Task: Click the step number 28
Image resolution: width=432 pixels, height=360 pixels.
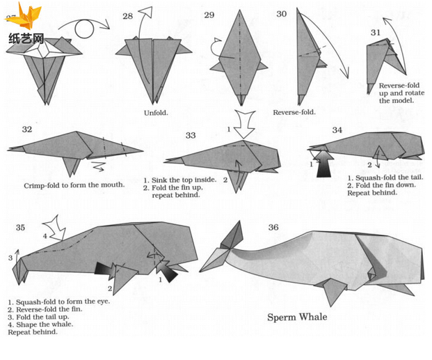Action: [x=128, y=16]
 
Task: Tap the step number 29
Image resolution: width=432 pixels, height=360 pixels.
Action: [x=209, y=15]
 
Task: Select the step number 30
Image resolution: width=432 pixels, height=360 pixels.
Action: [x=282, y=14]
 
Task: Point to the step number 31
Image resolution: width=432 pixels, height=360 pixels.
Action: [x=375, y=33]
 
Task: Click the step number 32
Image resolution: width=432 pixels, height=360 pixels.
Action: [x=27, y=129]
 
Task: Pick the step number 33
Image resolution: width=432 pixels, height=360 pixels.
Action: [x=191, y=135]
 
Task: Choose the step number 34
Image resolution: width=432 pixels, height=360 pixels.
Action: [x=337, y=130]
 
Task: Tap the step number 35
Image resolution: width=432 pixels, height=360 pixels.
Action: [x=20, y=227]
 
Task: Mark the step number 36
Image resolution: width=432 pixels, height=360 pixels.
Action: [x=273, y=227]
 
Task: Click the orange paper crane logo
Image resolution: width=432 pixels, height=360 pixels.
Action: [x=24, y=16]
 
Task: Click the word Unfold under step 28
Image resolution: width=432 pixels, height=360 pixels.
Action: [x=156, y=113]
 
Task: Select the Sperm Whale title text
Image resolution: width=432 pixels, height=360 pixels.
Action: [x=297, y=318]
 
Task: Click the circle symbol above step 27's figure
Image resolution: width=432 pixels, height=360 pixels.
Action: [x=84, y=29]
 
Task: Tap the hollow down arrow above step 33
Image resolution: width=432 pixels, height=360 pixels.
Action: [x=244, y=123]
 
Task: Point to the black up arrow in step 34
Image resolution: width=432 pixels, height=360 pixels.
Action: [x=324, y=164]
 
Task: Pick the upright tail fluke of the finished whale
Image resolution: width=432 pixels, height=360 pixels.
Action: [x=233, y=235]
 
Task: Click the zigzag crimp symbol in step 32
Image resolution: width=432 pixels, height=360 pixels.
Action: [x=98, y=166]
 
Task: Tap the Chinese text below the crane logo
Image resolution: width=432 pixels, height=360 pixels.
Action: [x=26, y=38]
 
